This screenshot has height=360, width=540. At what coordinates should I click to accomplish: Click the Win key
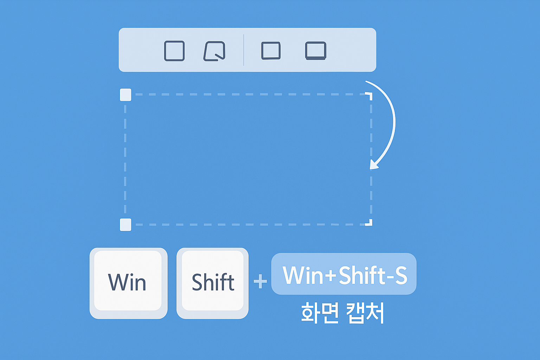point(128,283)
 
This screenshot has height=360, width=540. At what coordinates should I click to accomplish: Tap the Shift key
point(212,283)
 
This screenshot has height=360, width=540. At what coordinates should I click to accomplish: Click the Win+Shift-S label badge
point(343,274)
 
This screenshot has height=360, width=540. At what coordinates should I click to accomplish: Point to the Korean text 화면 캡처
point(342,313)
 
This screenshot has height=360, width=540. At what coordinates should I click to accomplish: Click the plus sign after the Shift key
point(260,281)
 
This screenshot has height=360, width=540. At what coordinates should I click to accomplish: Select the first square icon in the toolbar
point(174,51)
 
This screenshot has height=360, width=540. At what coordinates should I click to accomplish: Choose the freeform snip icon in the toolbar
point(214,51)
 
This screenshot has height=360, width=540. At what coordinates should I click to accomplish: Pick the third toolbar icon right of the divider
point(271,51)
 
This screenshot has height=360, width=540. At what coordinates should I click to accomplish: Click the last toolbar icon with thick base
point(316,51)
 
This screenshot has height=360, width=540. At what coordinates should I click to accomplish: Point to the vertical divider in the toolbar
point(244,50)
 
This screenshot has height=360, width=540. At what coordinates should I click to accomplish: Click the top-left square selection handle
point(126,95)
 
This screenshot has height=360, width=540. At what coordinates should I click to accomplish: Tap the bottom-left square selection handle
point(126,224)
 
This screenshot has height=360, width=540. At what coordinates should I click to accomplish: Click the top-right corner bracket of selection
point(369,95)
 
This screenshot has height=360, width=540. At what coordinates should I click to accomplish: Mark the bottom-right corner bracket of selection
point(369,223)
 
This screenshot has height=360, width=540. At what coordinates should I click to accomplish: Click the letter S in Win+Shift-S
point(401,275)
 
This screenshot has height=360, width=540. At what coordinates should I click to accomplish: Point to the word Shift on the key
point(213,282)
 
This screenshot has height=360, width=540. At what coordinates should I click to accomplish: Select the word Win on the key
point(127,282)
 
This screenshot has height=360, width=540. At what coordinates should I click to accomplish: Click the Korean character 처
point(375,313)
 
